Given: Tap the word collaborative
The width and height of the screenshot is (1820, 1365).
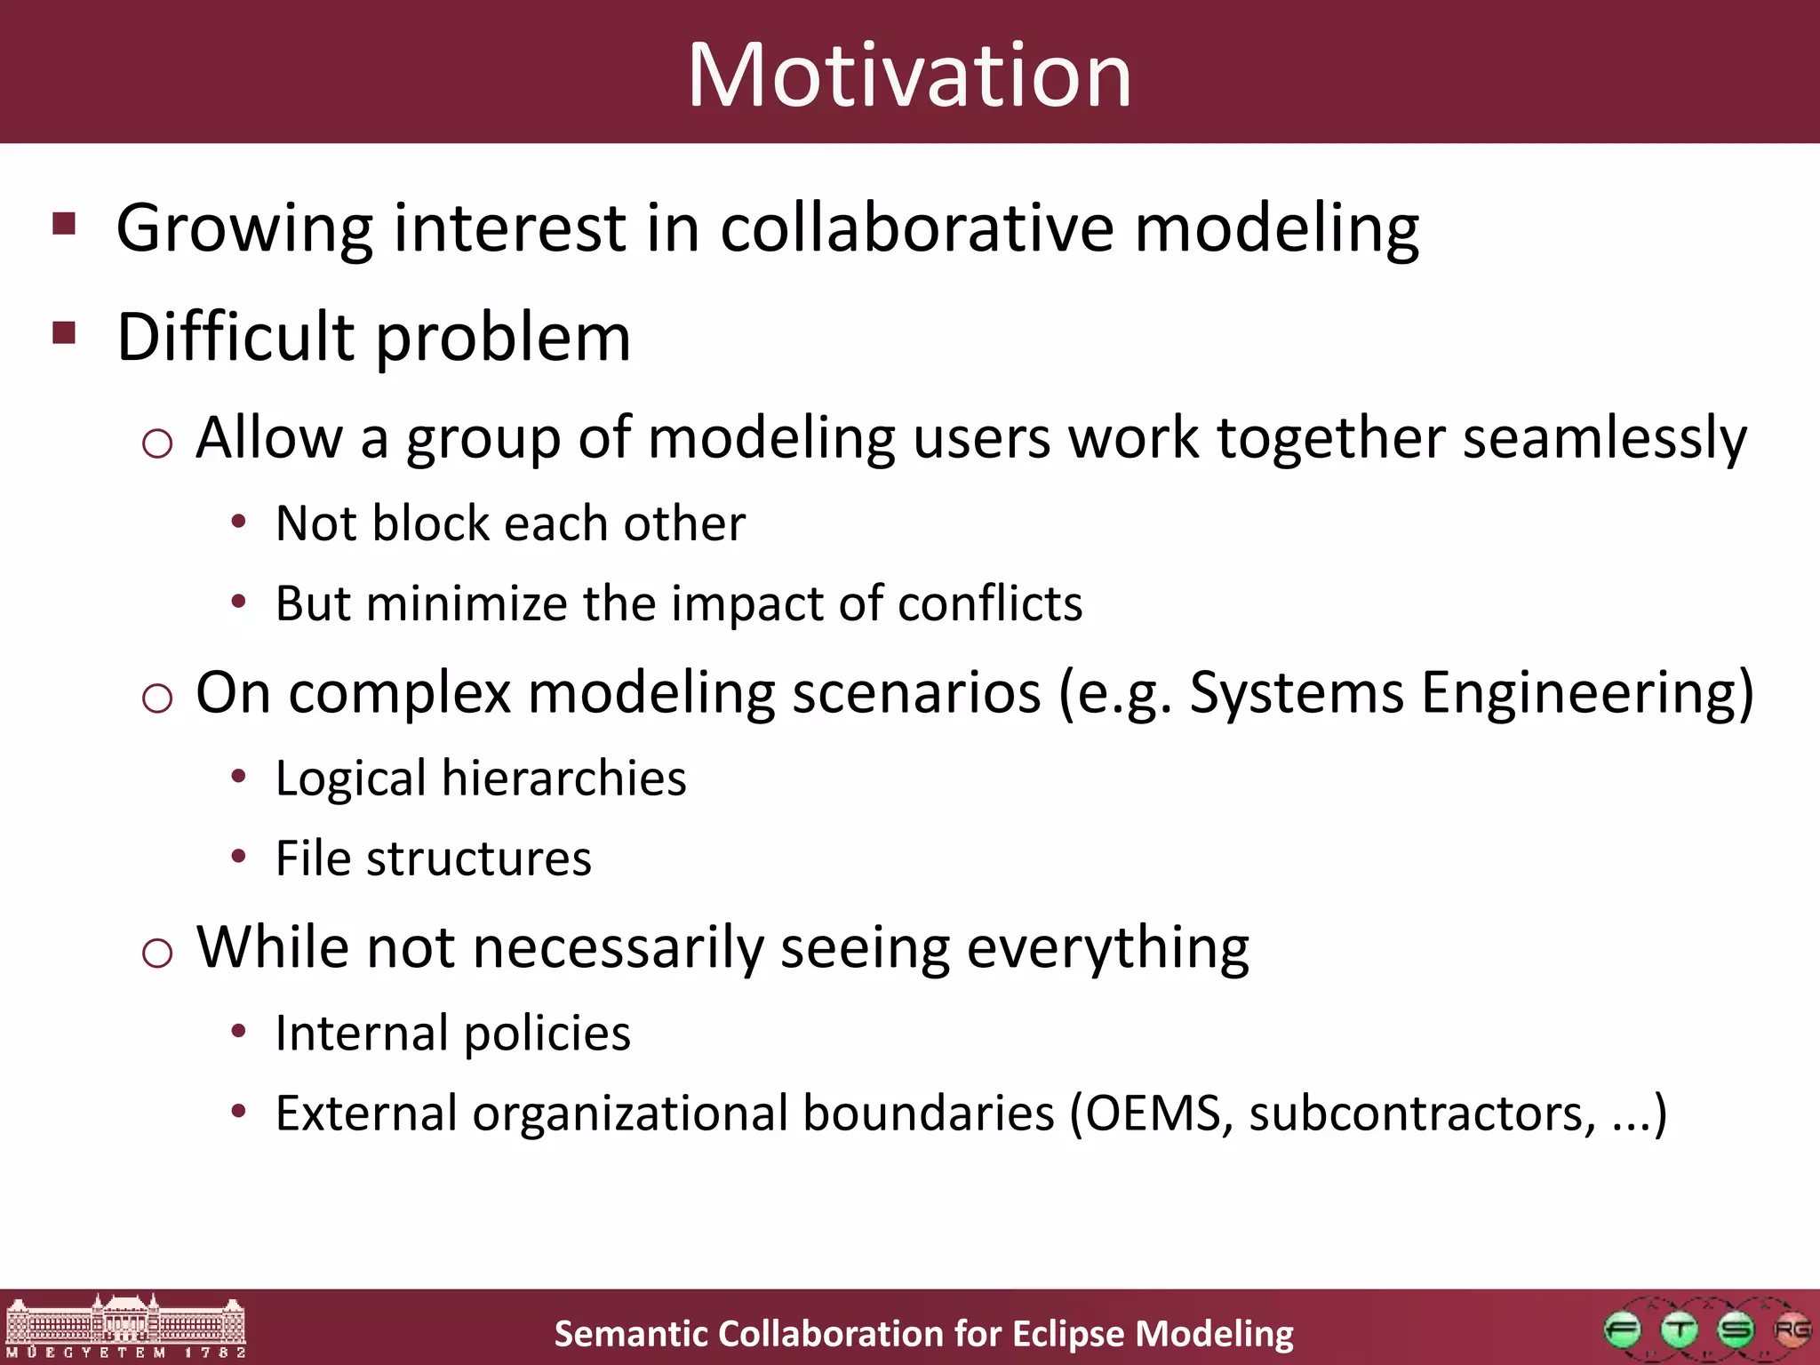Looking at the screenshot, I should [916, 227].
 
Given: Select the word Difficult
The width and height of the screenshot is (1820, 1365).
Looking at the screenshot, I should [235, 337].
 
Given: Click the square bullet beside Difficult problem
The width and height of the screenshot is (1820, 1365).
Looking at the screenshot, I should [64, 333].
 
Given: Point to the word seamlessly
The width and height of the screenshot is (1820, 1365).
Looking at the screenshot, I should [1604, 437].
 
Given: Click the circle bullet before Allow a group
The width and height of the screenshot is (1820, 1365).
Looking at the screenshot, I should [157, 443].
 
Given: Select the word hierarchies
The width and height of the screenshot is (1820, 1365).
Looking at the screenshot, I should [563, 778].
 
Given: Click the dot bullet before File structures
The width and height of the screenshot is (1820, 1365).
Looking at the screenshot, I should [238, 857].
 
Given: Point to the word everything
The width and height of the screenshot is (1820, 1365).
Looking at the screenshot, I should [1107, 947].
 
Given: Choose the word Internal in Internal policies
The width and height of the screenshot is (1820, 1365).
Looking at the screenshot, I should [361, 1033].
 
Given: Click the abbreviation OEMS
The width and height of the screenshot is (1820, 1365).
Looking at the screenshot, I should [1153, 1113].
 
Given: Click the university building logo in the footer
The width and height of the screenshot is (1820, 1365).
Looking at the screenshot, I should [125, 1326].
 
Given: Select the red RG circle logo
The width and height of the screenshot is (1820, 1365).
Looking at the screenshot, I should [1792, 1330].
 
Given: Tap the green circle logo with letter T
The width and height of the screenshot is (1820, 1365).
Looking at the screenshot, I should [1679, 1330].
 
